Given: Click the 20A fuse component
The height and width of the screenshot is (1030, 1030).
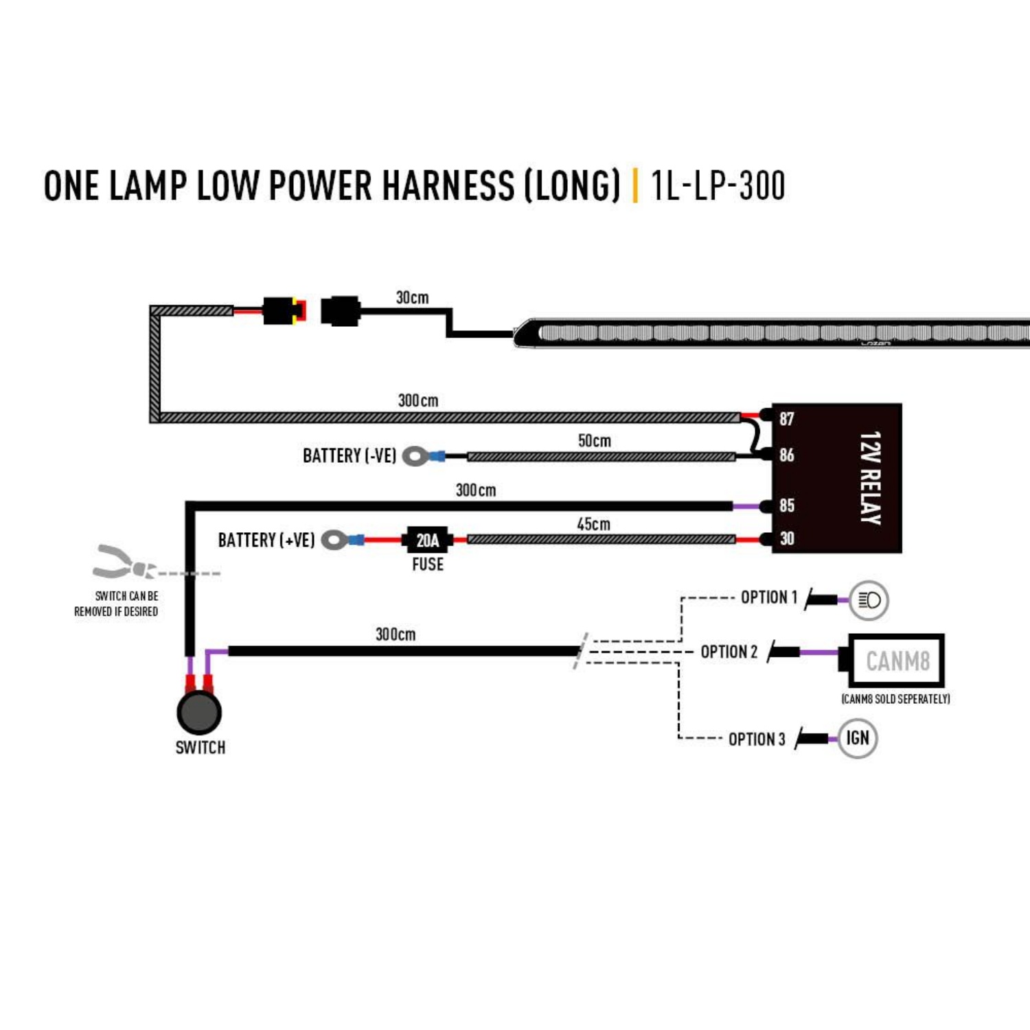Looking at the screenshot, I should point(427,540).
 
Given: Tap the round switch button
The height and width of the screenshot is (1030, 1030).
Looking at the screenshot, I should point(199,713).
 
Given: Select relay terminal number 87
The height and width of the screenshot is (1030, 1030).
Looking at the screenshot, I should point(786,419).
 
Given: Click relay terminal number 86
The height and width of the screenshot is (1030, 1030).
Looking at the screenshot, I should point(786,455).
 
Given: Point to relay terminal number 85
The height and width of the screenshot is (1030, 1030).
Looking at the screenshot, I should point(786,506).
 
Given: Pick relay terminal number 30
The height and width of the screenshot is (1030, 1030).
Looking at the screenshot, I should point(786,539).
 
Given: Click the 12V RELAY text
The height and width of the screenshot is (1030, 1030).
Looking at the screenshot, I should point(870,478).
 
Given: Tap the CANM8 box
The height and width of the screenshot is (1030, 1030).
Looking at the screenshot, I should point(897,661).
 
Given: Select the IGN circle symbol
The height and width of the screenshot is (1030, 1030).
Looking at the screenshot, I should point(858,738).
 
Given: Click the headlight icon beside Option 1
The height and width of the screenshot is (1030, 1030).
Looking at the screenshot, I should point(869,600).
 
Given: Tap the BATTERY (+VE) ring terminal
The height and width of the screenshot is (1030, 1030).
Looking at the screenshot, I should point(334,540).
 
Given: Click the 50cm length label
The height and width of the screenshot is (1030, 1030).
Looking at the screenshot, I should point(594,441).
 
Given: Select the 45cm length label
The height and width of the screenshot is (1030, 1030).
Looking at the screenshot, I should point(593,525).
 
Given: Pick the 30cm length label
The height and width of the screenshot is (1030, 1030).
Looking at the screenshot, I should point(412,298).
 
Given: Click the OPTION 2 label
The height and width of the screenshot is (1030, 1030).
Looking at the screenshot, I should point(729,652).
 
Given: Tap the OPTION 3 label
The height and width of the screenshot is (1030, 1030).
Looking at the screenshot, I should point(756,740).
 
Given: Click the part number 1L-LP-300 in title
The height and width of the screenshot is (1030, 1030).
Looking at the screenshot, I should point(718,186).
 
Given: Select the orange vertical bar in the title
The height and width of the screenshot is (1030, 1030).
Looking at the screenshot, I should point(635,186).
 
